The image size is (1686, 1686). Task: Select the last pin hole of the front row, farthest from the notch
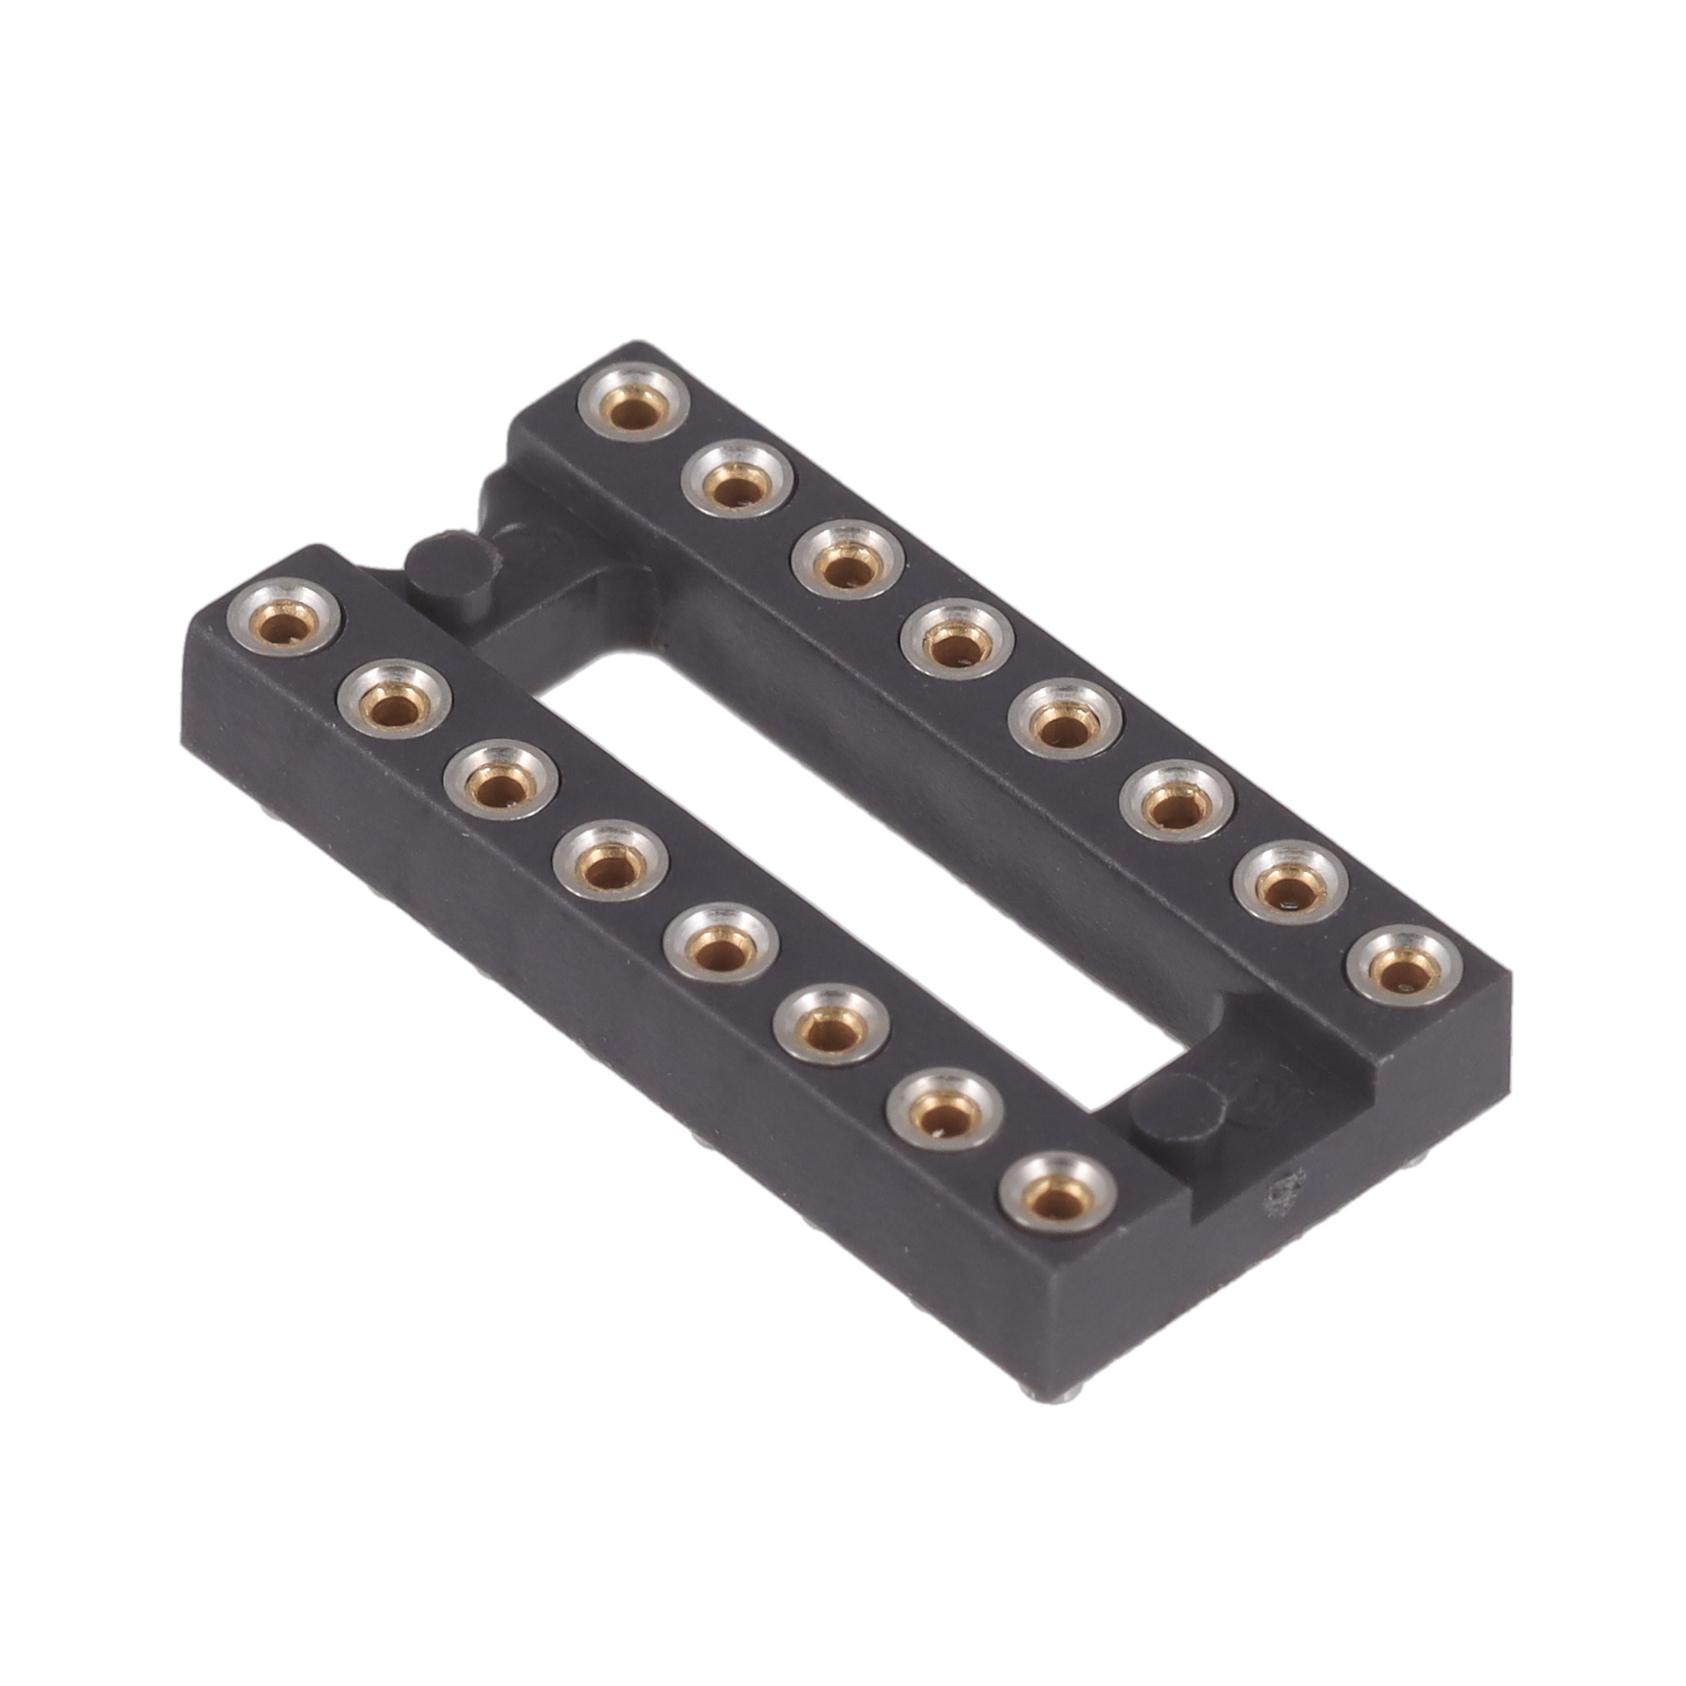coord(1056,1192)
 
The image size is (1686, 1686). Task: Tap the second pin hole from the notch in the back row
coord(739,487)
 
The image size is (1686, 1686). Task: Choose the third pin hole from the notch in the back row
coord(847,564)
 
